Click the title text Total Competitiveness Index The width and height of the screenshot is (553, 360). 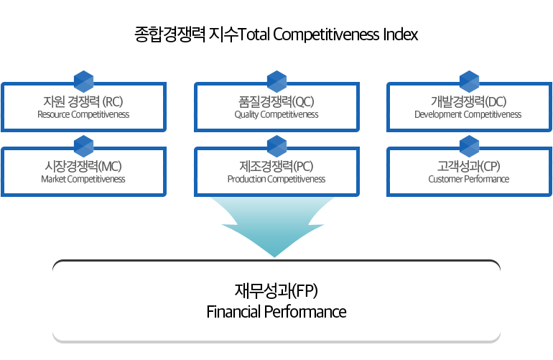point(328,34)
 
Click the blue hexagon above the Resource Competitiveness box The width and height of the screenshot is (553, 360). point(84,81)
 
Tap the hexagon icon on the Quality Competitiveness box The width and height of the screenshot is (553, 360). point(276,81)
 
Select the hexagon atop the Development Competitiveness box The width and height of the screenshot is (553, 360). point(470,81)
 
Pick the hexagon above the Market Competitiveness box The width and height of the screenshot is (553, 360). point(84,146)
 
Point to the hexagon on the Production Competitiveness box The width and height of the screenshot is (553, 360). point(276,146)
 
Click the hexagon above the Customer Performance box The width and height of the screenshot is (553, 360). point(470,146)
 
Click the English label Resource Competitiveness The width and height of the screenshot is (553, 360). point(83,115)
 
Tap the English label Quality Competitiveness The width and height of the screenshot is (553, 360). point(276,115)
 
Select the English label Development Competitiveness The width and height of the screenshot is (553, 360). point(468,115)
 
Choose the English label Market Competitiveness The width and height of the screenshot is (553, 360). point(83,180)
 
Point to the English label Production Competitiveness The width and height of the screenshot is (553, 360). point(276,180)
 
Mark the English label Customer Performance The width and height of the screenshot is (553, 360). point(469,180)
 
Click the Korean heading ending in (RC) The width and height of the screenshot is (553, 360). point(83,101)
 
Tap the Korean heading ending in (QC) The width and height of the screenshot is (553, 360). point(276,101)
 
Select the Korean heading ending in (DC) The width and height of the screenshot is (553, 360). point(469,101)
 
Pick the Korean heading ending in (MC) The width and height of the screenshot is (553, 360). point(83,166)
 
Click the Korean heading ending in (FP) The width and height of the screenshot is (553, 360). point(276,291)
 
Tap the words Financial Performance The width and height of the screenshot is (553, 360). point(276,312)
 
